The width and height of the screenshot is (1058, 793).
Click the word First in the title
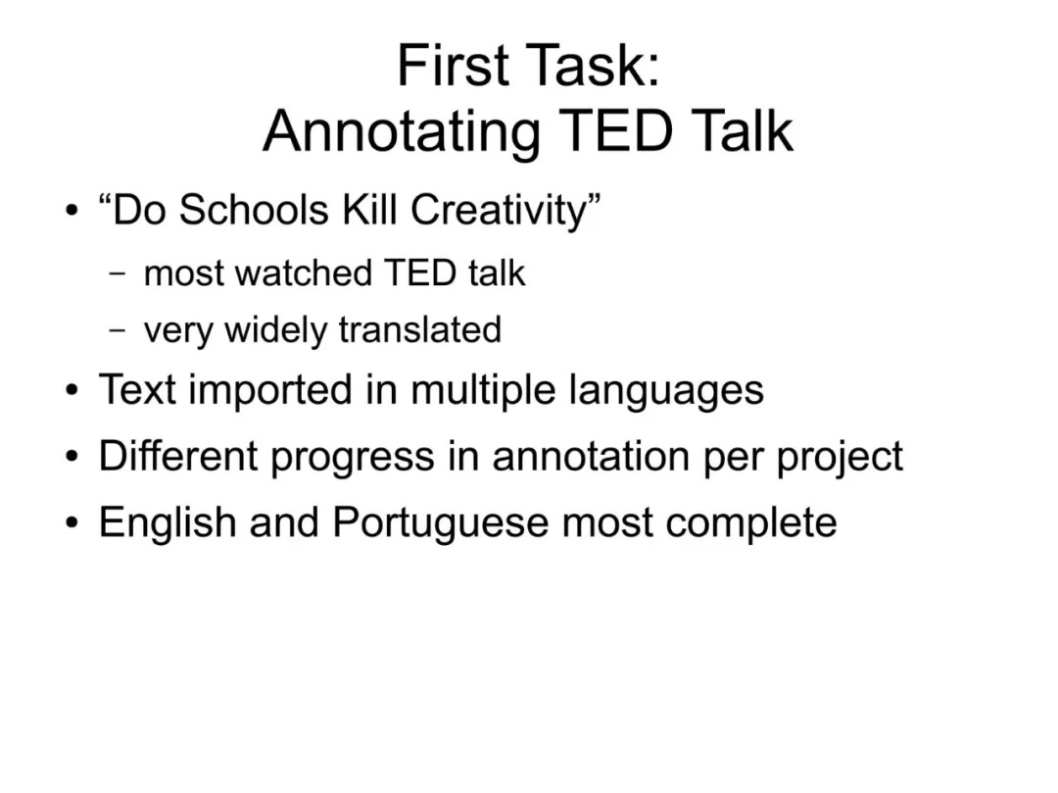(x=453, y=65)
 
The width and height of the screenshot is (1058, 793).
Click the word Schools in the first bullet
(x=254, y=209)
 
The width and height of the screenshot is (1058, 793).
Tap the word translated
(x=419, y=330)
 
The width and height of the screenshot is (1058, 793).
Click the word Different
(x=178, y=456)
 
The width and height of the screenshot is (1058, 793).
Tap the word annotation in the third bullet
(x=591, y=456)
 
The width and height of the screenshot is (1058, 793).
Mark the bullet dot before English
(x=72, y=523)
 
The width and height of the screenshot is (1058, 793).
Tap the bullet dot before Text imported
(x=72, y=390)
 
